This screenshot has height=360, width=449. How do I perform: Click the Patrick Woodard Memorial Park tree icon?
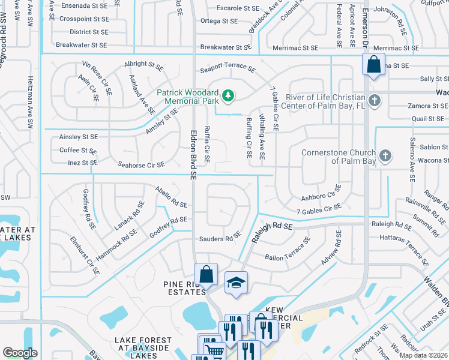(x=228, y=95)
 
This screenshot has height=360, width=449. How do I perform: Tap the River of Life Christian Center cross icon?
(x=375, y=100)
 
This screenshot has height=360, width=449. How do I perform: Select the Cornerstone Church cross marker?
(x=385, y=157)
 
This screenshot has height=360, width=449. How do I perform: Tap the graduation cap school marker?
(x=236, y=282)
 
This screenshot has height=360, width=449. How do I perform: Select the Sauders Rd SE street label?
(x=220, y=239)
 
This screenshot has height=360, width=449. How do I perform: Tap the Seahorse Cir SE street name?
(x=141, y=165)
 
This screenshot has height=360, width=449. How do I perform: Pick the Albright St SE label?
(x=143, y=64)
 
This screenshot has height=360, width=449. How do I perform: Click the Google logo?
(x=20, y=353)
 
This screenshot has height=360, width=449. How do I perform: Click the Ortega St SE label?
(x=219, y=21)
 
